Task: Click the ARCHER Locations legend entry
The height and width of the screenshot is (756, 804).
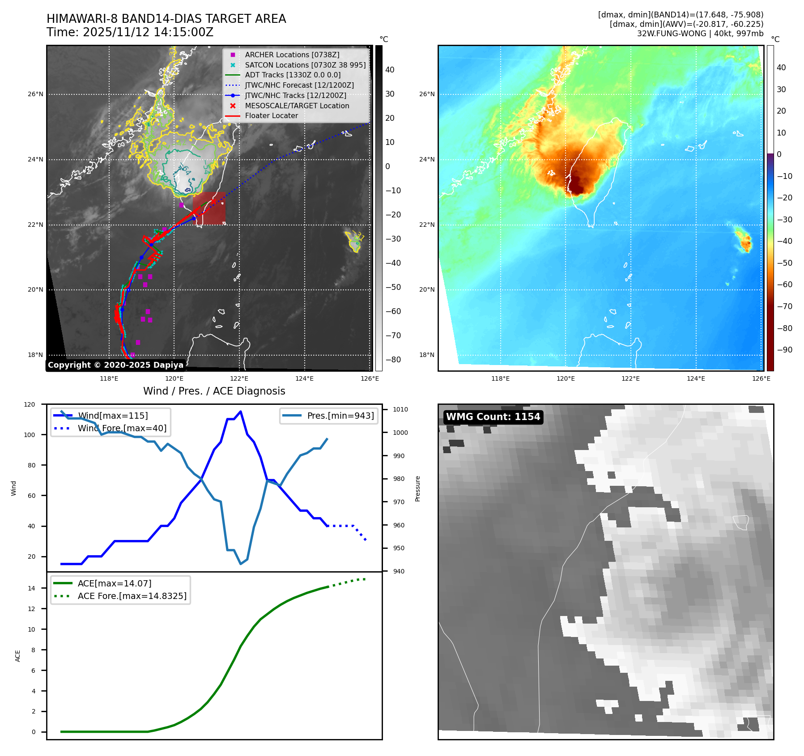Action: pos(292,55)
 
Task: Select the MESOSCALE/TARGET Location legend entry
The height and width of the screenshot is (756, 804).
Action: pos(297,106)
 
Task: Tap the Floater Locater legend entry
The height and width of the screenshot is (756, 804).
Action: pos(271,115)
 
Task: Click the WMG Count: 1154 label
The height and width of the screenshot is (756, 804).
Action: pos(493,417)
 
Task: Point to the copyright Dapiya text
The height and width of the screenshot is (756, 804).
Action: pos(115,365)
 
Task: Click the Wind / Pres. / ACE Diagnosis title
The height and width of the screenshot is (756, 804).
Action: pos(214,391)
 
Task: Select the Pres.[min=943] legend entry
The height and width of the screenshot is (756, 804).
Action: pos(340,416)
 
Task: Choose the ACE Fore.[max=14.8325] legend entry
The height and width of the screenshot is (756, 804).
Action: pos(132,596)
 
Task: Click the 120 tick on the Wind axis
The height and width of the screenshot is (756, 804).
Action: pos(30,404)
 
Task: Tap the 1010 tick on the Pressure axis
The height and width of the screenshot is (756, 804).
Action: pos(400,409)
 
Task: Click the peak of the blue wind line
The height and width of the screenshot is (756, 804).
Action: pos(241,412)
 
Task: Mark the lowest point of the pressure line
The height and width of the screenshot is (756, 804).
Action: pos(241,564)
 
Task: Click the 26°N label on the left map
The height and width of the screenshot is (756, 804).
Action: pos(36,94)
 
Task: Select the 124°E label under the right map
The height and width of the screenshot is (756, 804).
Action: pos(696,378)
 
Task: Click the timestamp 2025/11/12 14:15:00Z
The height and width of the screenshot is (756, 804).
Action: pos(148,32)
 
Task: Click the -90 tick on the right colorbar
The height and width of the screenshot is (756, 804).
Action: pos(784,350)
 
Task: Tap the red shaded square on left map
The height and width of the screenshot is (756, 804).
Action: pos(209,208)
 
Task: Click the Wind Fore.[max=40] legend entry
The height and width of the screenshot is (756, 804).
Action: pos(122,428)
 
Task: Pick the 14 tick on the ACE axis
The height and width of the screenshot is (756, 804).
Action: pos(32,588)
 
